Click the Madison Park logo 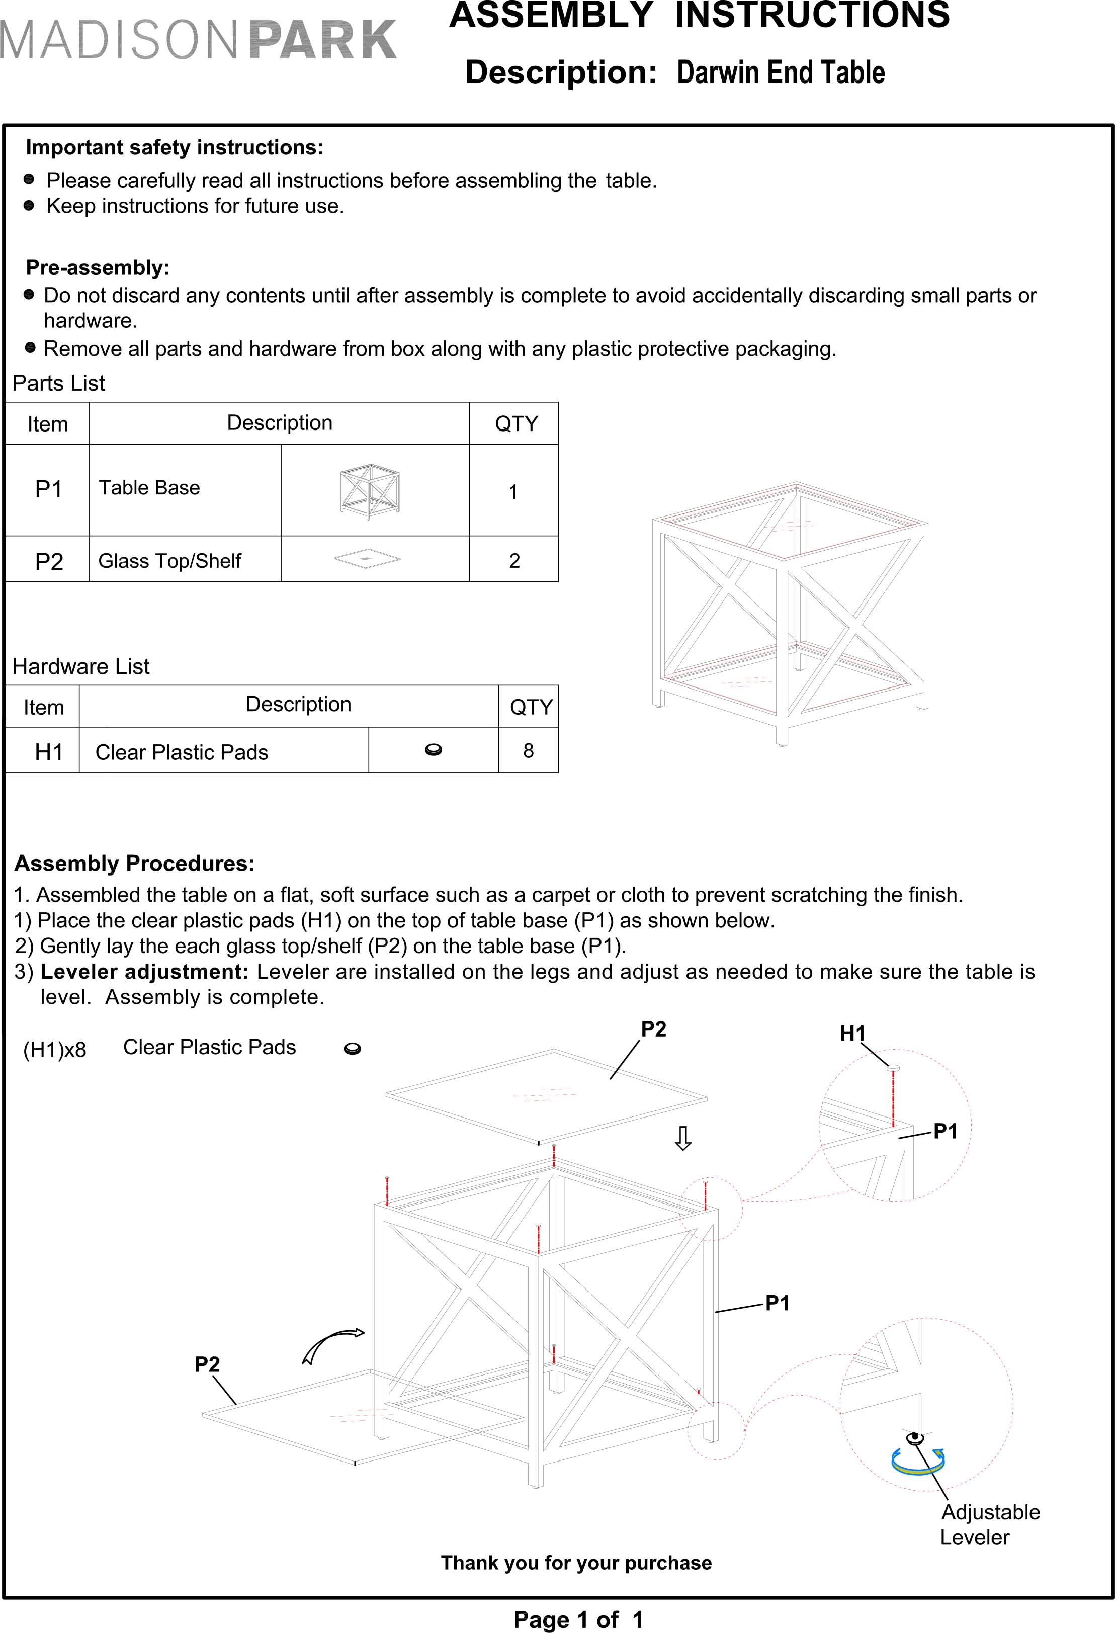[198, 40]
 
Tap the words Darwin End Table [780, 73]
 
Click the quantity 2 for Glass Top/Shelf [514, 561]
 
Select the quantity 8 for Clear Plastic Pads [528, 750]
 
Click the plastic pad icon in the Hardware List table [434, 750]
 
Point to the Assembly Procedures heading [134, 863]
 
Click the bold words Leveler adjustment [144, 971]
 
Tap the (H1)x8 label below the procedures [54, 1050]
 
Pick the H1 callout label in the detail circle [853, 1033]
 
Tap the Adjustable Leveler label [989, 1525]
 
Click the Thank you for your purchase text [576, 1563]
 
